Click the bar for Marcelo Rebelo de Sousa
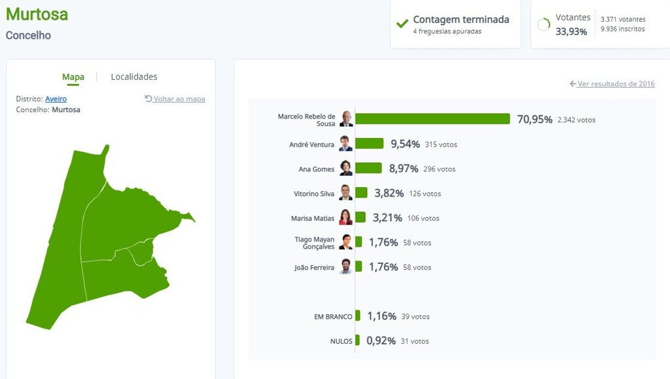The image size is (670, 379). [432, 118]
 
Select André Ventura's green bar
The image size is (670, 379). [369, 143]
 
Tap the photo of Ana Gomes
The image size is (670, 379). [345, 168]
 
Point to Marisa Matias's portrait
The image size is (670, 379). [345, 217]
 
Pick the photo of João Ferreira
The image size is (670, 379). [345, 266]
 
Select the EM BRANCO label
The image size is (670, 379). [333, 317]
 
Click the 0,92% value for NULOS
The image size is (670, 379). [381, 341]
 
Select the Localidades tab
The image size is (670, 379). [134, 77]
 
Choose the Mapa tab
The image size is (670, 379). [73, 77]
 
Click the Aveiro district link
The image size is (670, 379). [56, 99]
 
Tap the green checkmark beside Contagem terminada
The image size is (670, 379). [402, 24]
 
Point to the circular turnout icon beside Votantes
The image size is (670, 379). [543, 25]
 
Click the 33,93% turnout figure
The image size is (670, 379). [571, 31]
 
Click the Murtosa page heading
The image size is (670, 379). [37, 14]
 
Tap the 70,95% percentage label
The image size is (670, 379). [535, 119]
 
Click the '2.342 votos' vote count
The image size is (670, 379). [576, 120]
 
